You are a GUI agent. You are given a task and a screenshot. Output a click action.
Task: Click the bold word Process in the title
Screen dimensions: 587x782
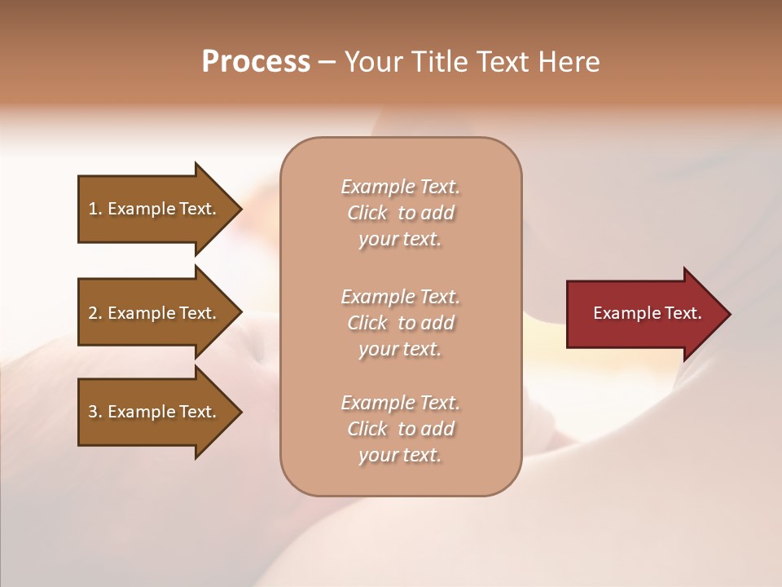(x=256, y=62)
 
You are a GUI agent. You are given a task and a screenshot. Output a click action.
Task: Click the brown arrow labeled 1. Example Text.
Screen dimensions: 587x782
(x=155, y=209)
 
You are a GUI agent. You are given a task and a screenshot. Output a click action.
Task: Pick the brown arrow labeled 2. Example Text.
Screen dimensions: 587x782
(x=155, y=313)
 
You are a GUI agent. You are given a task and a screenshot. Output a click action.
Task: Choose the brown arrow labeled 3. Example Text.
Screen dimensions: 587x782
(x=155, y=412)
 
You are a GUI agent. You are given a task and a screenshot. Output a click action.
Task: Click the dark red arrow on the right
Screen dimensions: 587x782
(x=644, y=314)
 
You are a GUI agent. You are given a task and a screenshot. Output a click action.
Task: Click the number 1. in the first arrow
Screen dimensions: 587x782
(x=95, y=209)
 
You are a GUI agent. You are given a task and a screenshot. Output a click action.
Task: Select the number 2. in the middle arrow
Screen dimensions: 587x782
(x=95, y=313)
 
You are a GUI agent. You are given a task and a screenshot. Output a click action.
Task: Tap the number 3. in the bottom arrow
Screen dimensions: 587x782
(x=95, y=412)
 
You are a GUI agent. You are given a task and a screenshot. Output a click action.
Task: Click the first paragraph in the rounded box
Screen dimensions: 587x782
(x=400, y=213)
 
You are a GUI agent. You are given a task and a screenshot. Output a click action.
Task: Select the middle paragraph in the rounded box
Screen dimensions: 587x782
(x=400, y=322)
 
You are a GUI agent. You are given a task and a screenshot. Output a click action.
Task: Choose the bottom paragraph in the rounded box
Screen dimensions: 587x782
(x=400, y=429)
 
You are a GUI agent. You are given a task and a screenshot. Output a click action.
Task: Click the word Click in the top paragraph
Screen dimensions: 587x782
(x=367, y=214)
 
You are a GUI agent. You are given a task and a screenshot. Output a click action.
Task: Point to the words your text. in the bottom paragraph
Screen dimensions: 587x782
(x=400, y=455)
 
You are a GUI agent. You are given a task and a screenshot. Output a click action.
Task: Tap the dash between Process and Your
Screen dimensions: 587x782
(x=327, y=63)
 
